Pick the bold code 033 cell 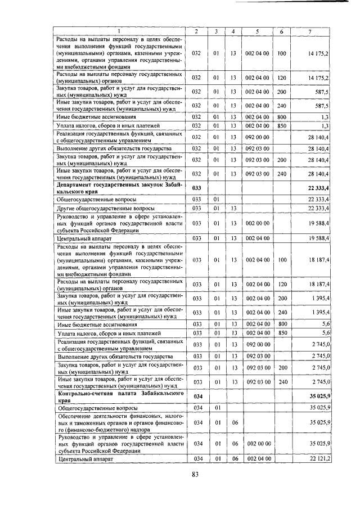coord(196,187)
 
